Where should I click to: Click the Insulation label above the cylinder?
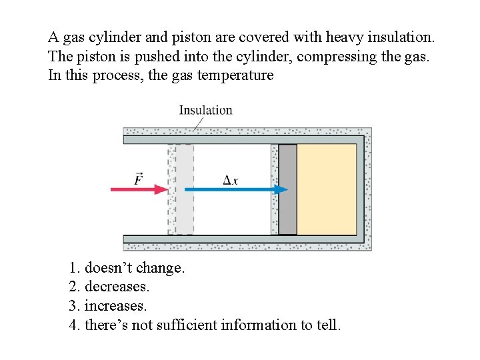205,110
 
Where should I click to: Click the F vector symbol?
138,178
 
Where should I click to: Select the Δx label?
231,179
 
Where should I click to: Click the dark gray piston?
287,189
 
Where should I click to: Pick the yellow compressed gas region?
327,189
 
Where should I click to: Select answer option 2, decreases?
117,287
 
